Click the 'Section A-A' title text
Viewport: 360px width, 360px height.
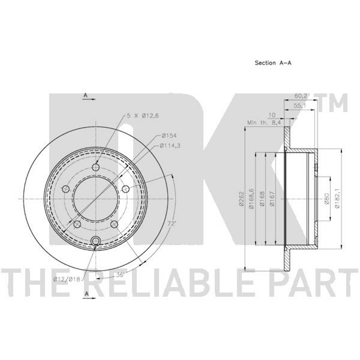(273, 63)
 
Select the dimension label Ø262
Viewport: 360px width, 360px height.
(241, 199)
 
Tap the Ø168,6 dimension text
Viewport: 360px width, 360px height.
(252, 198)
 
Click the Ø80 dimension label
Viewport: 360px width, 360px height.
(327, 198)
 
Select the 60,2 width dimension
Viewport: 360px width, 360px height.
(301, 96)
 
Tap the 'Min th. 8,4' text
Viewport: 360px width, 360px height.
(264, 122)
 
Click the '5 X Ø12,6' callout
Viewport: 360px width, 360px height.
(142, 116)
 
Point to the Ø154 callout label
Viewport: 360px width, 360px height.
(169, 136)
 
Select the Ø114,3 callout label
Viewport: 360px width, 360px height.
(170, 145)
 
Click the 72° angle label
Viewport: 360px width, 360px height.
(171, 224)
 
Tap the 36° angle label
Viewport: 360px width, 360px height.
(120, 275)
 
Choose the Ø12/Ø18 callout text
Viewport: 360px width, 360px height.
(67, 279)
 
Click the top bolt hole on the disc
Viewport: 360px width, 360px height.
(96, 167)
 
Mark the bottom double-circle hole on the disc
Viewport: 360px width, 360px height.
(96, 241)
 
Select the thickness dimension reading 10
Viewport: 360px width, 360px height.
(272, 115)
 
